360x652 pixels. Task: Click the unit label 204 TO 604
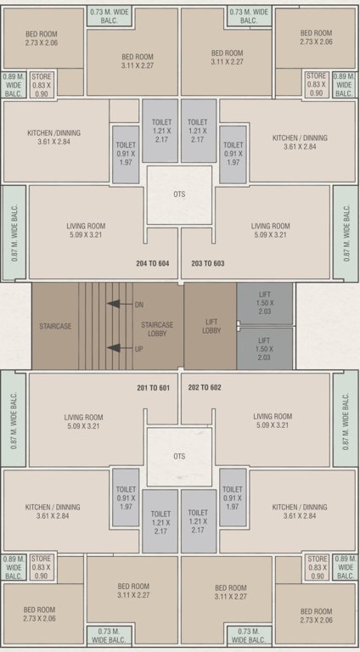point(153,263)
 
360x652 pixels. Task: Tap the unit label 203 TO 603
point(208,263)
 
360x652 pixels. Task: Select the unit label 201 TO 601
point(154,388)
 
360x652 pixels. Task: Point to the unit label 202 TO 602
point(205,388)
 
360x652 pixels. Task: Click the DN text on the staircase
point(138,304)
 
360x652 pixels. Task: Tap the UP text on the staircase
point(138,348)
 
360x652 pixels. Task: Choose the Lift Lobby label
point(213,326)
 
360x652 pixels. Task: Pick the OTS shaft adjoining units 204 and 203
point(179,194)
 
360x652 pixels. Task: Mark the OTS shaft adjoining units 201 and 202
point(179,456)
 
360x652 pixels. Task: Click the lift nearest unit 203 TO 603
point(264,304)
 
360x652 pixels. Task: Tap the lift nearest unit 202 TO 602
point(264,348)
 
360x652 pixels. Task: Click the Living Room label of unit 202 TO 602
point(272,421)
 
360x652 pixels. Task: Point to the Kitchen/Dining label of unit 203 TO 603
point(300,142)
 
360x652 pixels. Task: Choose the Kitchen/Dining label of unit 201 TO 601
point(58,511)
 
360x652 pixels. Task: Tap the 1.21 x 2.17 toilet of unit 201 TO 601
point(160,519)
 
